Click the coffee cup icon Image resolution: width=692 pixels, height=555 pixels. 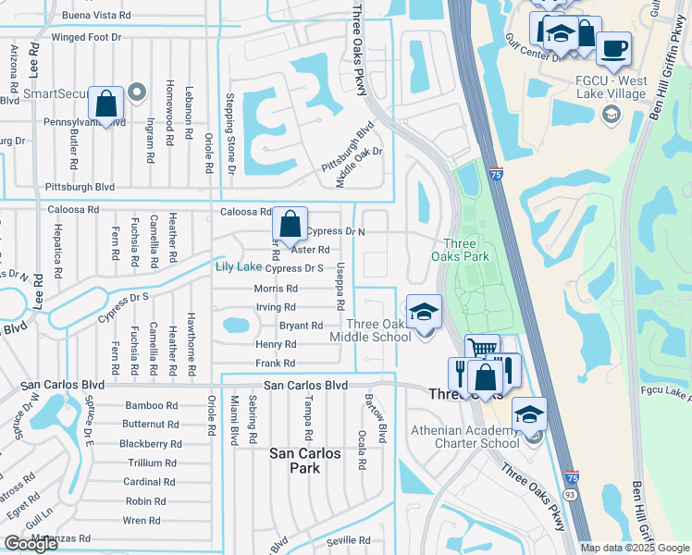point(612,48)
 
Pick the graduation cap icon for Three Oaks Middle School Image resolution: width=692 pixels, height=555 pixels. point(424,313)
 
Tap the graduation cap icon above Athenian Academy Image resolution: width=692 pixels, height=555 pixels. point(529,414)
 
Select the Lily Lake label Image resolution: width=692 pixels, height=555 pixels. point(238,267)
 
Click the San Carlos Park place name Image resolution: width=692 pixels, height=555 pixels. point(304,461)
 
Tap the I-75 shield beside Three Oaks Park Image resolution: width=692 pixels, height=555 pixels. point(498,173)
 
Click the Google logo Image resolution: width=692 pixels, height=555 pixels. point(31,544)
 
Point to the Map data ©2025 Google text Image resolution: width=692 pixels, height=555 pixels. point(635,548)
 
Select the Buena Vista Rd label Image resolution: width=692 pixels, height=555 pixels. point(96,17)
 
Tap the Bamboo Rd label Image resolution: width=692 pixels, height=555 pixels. point(152,405)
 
